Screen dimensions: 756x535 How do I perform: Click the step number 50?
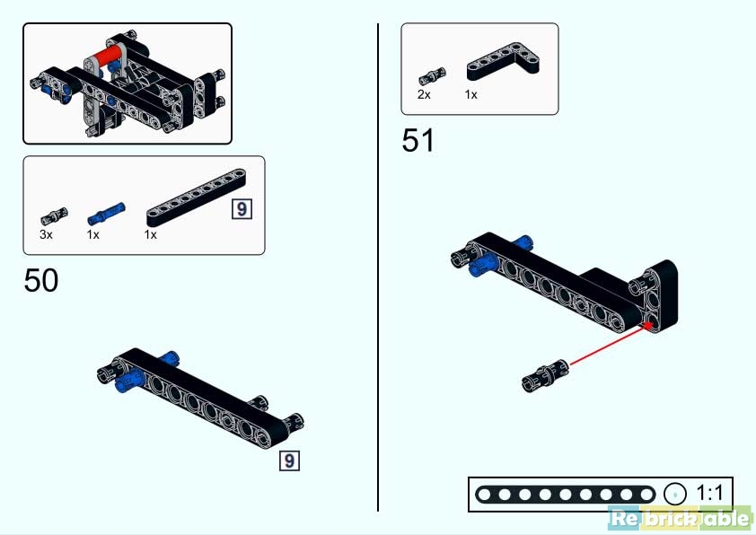(x=41, y=280)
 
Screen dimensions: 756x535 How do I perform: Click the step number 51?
(x=418, y=140)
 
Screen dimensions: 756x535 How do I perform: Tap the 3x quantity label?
(x=47, y=234)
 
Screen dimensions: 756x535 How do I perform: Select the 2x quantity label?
(x=424, y=94)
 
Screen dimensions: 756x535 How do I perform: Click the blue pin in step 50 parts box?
(x=106, y=214)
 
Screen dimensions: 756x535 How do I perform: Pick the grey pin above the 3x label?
(x=54, y=216)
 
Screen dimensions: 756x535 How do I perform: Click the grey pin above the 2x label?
(x=432, y=76)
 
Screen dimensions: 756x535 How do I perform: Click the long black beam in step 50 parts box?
(x=197, y=197)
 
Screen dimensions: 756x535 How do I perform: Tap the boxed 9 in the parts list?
(x=242, y=208)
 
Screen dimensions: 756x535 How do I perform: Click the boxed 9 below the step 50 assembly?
(x=289, y=460)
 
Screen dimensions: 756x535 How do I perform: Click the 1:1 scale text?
(x=709, y=494)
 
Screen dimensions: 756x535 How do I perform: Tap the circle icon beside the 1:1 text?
(x=674, y=494)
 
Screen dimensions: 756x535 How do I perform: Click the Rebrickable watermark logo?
(x=681, y=518)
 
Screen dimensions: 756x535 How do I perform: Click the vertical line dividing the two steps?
(x=378, y=267)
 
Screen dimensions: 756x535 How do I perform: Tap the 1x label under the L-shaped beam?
(x=471, y=95)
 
